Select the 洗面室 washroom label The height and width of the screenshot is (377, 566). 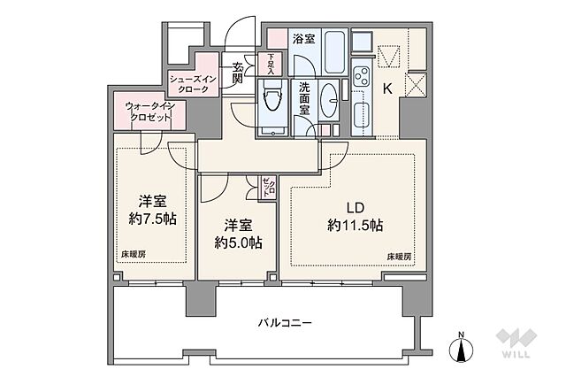(x=303, y=95)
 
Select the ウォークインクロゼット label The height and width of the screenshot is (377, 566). (x=149, y=113)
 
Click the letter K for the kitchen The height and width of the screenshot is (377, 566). (x=387, y=88)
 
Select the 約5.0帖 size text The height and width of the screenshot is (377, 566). (x=236, y=242)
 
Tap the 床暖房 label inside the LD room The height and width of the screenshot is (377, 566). (x=399, y=257)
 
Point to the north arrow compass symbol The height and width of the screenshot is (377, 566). (x=462, y=347)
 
